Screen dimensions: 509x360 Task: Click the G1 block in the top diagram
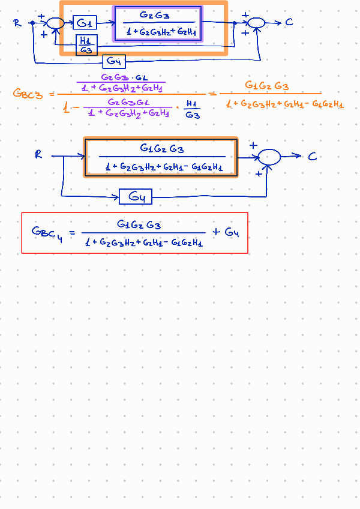click(85, 23)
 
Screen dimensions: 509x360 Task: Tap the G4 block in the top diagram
click(114, 61)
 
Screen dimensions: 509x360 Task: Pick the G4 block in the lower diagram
click(136, 197)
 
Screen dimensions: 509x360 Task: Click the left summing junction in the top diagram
click(55, 23)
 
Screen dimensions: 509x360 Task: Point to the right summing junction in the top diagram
click(256, 23)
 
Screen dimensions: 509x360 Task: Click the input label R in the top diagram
click(17, 23)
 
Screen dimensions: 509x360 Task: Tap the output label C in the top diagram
click(289, 23)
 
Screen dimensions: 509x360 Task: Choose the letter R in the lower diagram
click(39, 155)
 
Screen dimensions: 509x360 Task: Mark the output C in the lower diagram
click(312, 156)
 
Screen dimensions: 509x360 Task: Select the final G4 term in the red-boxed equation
click(232, 232)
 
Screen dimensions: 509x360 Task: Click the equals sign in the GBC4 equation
click(73, 232)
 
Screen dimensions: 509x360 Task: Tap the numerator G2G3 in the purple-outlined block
click(155, 14)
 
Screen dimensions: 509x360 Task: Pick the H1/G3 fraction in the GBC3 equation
click(192, 109)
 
